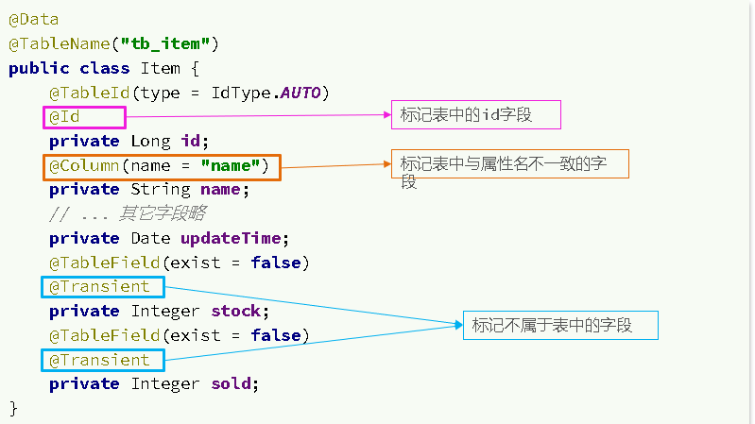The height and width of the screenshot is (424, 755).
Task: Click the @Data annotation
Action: (33, 19)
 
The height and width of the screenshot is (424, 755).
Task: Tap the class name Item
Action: (160, 68)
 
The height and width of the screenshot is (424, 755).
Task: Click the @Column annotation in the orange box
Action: (161, 166)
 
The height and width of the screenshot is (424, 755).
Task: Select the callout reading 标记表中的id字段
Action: (475, 114)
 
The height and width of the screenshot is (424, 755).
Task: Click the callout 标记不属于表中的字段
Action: (559, 326)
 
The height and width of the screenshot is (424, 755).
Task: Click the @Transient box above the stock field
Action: (103, 286)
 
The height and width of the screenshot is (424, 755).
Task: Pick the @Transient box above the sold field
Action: (103, 360)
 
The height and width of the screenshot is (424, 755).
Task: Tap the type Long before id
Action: (150, 142)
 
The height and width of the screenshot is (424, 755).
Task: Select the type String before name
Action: (161, 190)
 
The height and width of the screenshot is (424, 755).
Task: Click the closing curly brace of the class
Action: (13, 407)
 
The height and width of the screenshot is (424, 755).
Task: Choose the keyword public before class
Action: (39, 68)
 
